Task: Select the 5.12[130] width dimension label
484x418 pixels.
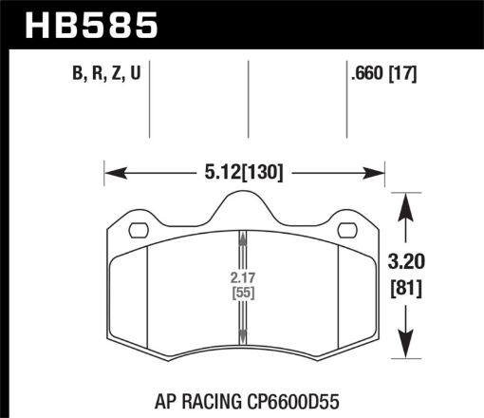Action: tap(246, 172)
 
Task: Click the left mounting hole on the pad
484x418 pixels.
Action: tap(138, 230)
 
